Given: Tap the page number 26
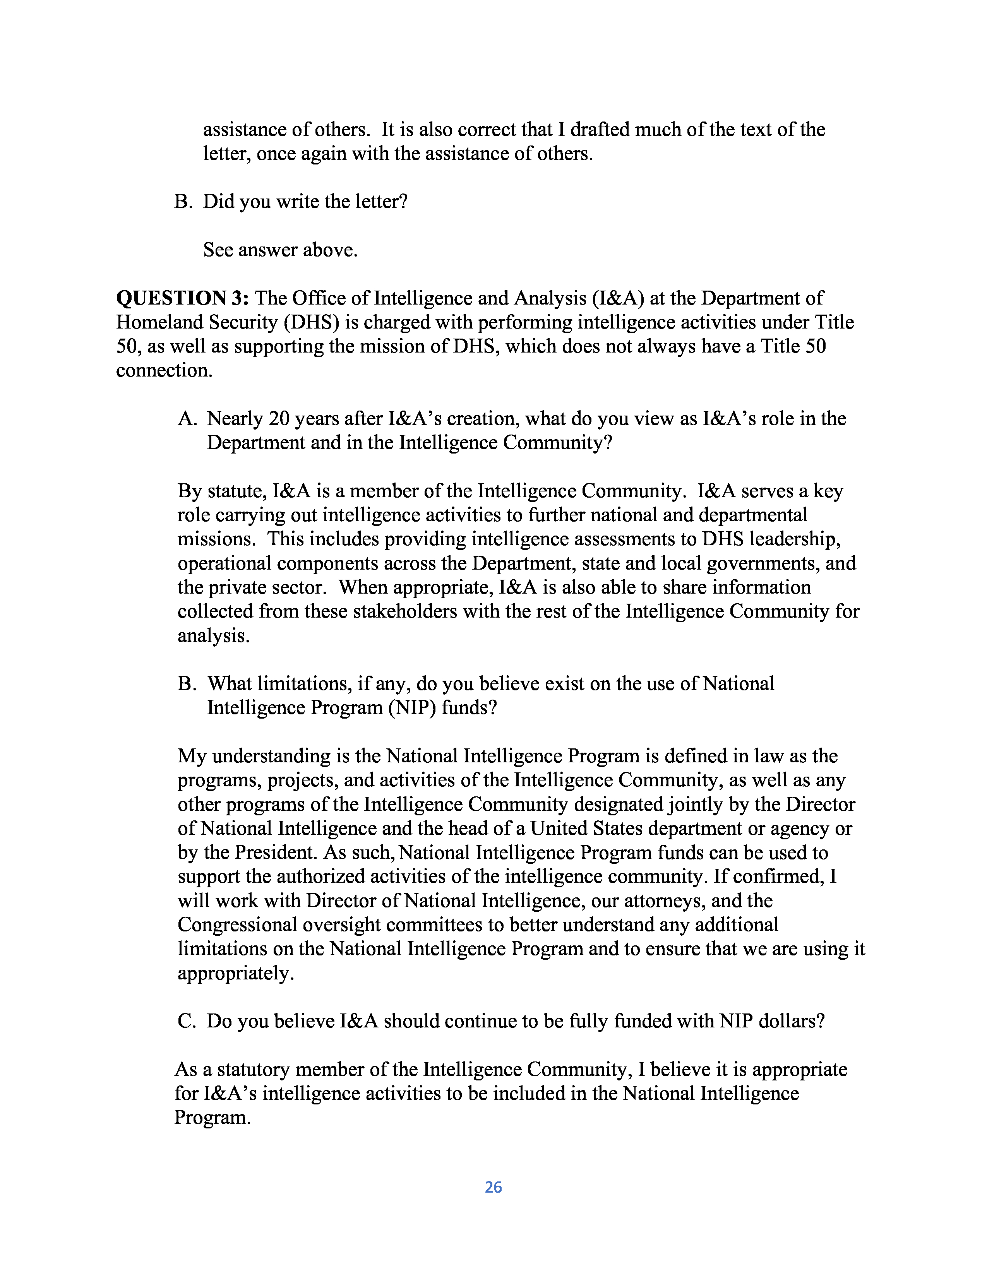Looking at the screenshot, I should pos(493,1187).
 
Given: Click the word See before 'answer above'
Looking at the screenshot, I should pos(218,250).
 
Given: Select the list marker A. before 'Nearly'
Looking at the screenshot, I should pos(187,419).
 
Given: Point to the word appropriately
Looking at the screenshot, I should pos(235,973).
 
